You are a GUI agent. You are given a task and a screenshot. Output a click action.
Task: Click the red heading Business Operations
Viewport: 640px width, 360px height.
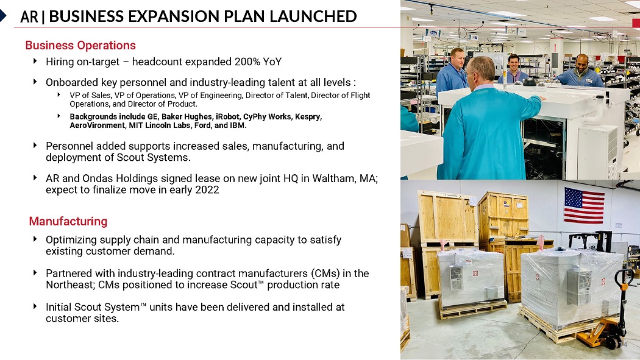[80, 45]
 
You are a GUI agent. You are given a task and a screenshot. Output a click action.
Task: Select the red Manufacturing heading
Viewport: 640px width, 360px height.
[68, 221]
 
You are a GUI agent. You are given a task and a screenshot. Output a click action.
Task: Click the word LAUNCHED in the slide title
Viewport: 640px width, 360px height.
[313, 16]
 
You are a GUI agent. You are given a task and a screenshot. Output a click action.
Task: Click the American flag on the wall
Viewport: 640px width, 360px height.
[584, 206]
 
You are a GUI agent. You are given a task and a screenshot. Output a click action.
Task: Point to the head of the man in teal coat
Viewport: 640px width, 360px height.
[482, 70]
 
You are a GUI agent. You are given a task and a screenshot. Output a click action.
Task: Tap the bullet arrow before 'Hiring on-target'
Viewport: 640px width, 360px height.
[35, 61]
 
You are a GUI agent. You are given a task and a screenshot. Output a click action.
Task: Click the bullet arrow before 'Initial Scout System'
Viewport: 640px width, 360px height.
[35, 306]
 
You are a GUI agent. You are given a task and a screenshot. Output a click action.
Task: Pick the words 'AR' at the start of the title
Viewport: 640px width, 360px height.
[29, 16]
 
